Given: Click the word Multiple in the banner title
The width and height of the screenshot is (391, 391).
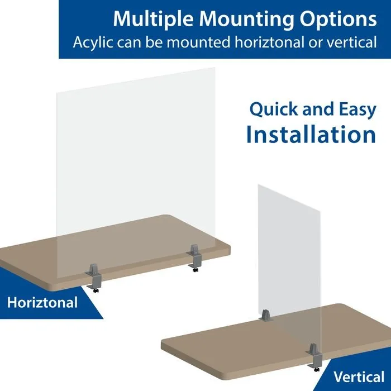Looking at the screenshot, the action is pos(153,20).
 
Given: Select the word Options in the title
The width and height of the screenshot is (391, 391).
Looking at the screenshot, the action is pos(338,19).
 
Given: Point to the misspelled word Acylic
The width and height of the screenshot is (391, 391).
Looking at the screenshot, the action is pos(93,42).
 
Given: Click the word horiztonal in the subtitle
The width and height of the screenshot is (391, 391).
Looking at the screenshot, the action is pos(269,42).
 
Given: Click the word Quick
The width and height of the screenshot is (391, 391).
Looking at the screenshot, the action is pos(274,109).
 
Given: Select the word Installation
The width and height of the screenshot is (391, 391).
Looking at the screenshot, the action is pos(311,134).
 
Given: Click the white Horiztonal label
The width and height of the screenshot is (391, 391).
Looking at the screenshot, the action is pos(42,303).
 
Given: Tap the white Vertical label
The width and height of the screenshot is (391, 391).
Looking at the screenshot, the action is pos(359,376).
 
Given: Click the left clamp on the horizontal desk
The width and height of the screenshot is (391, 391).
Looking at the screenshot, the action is pos(94,275).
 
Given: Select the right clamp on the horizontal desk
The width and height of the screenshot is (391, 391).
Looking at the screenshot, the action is pos(195,257).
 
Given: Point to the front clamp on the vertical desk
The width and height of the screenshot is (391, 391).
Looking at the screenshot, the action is pos(314,356).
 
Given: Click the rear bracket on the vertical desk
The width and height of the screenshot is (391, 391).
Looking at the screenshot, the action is pos(265,316).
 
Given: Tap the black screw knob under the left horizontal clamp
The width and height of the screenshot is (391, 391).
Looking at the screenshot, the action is pos(96,290).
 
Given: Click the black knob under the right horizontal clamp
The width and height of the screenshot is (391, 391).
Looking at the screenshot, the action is pos(195,270).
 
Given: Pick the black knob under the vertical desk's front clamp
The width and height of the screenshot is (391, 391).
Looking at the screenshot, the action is pos(316,370).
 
